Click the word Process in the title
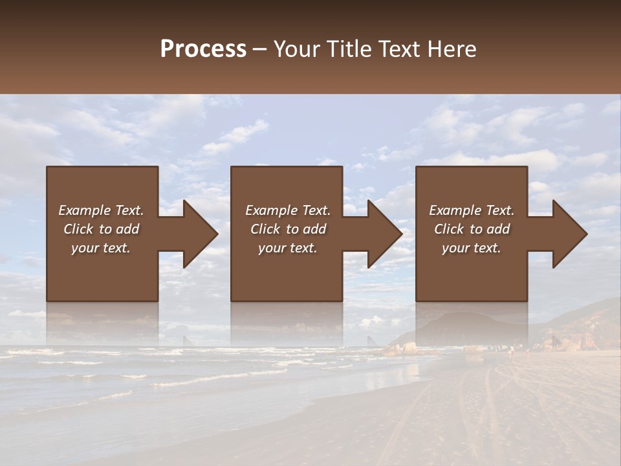[x=203, y=49]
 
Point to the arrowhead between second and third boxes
[x=384, y=234]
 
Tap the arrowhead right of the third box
[x=569, y=234]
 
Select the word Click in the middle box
[x=265, y=229]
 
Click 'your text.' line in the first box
[x=101, y=248]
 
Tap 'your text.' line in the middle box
[x=287, y=248]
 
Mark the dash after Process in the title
[x=260, y=49]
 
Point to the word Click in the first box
[x=78, y=229]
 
